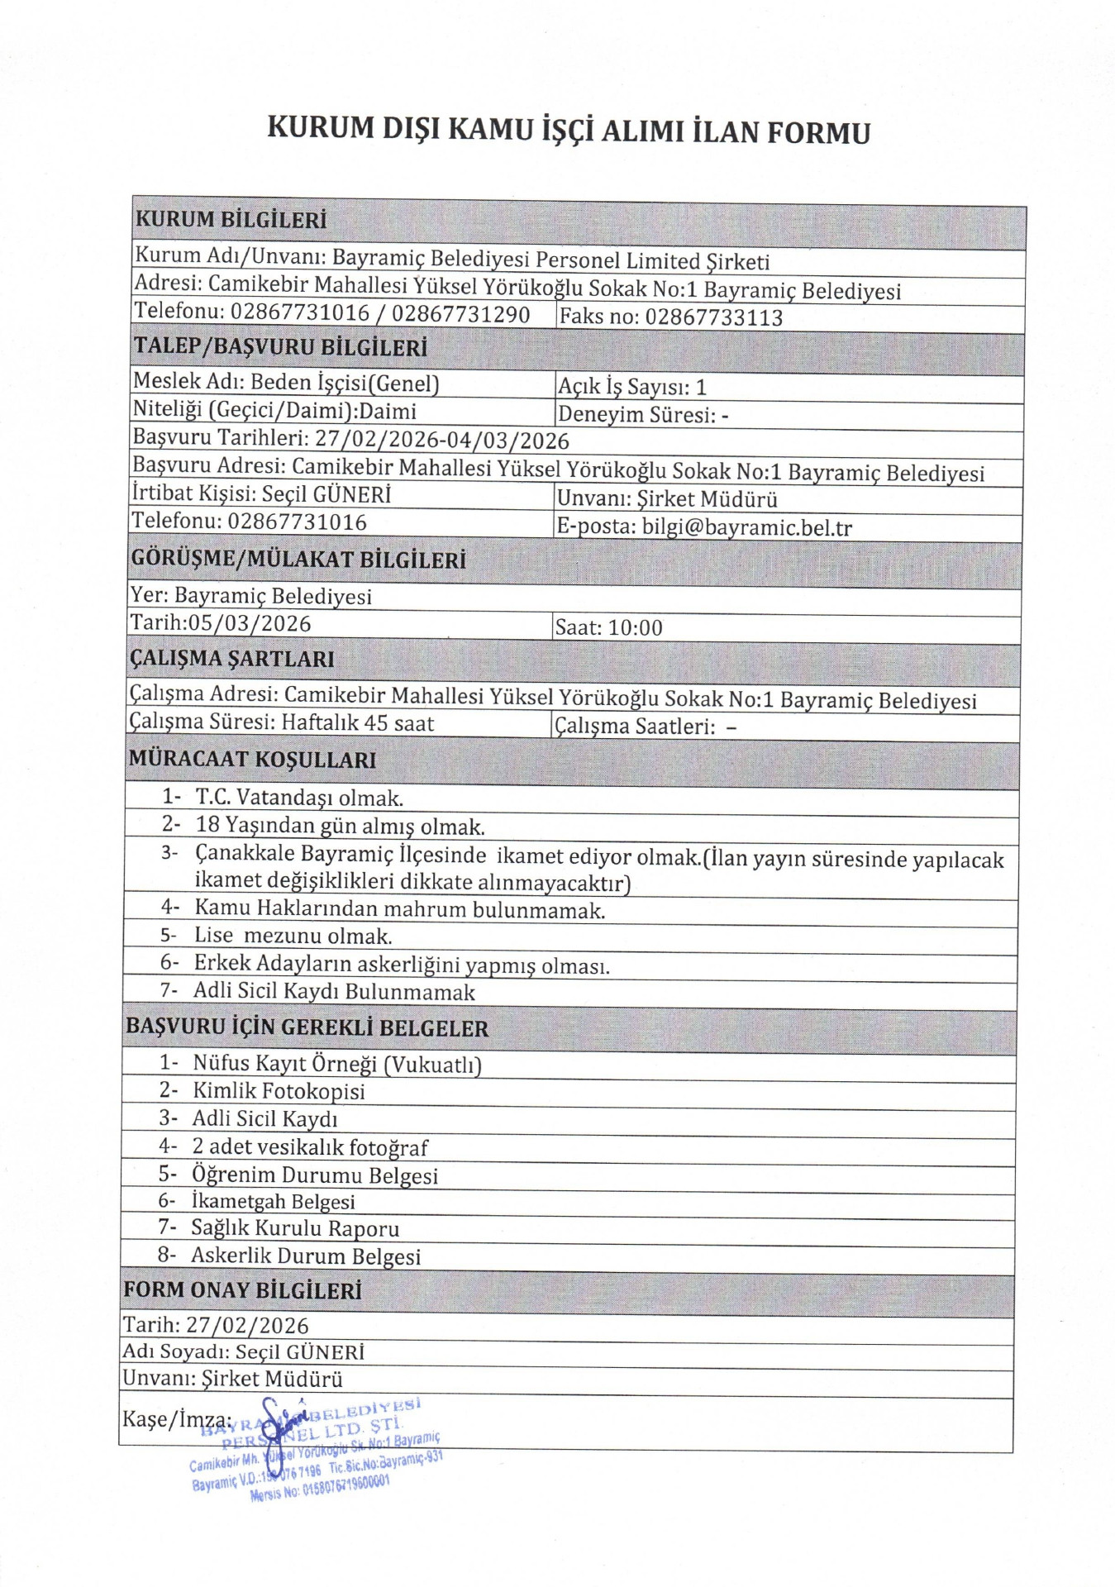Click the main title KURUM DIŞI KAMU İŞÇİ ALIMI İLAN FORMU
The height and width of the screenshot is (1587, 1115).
click(x=569, y=131)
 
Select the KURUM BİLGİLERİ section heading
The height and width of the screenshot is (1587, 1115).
click(x=231, y=220)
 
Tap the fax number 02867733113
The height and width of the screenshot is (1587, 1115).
click(x=713, y=317)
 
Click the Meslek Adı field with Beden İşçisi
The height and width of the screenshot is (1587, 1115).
click(x=286, y=383)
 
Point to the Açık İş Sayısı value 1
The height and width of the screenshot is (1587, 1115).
click(x=701, y=387)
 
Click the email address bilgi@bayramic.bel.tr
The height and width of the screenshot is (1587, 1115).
click(x=746, y=527)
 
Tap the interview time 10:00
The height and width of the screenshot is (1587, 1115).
click(x=636, y=628)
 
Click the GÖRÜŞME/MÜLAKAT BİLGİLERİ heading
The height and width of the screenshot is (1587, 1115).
click(x=298, y=560)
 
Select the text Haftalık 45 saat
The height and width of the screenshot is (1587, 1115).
click(x=357, y=723)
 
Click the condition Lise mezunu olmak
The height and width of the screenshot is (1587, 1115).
click(x=293, y=936)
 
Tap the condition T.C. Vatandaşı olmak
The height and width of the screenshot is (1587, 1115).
click(x=299, y=798)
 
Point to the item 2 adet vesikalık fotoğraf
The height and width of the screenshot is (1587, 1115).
click(x=310, y=1146)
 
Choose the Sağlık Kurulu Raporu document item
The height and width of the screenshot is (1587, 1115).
click(x=295, y=1228)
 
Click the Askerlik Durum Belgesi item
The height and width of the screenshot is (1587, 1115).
click(x=306, y=1256)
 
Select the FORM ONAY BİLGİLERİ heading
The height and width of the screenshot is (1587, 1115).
click(x=242, y=1290)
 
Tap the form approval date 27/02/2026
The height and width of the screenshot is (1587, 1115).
click(x=247, y=1326)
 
